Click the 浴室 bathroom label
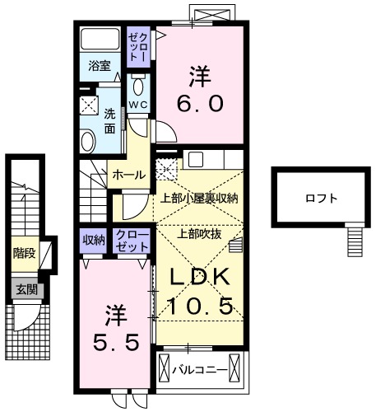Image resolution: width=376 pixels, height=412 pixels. point(100,66)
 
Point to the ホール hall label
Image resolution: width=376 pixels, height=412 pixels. point(130,175)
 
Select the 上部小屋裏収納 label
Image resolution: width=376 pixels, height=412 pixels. point(199,198)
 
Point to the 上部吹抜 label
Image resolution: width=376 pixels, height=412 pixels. point(198,233)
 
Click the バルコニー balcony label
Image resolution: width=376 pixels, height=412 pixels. point(201,369)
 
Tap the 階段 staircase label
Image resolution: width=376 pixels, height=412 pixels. point(23,254)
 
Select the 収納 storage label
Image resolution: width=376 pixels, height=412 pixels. point(94,240)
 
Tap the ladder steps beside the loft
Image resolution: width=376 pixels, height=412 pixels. point(355,241)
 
